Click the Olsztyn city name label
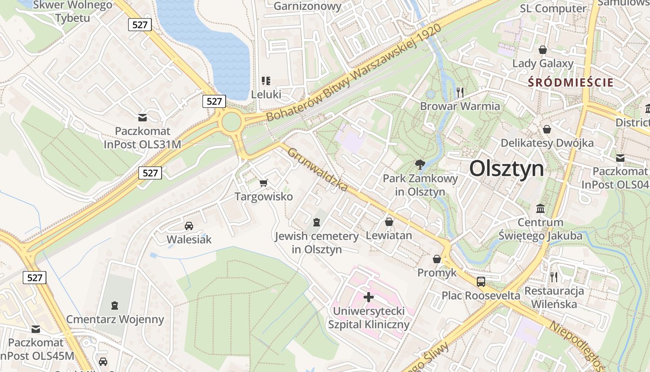point(506,168)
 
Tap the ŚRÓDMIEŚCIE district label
point(571,83)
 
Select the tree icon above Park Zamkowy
point(420,164)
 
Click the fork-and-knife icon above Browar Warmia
point(460,92)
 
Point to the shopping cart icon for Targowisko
point(264,183)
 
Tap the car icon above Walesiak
point(189,226)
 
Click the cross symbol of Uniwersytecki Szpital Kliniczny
point(369,297)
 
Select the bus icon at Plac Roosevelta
point(481,281)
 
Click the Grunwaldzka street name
point(318,170)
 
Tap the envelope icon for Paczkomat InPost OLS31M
point(143,117)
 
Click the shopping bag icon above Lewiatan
point(389,222)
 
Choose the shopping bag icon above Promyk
point(437,259)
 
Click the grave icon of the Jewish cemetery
point(317,222)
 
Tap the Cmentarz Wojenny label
point(115,319)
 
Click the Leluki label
point(266,94)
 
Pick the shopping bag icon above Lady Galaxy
point(542,49)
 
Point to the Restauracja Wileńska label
point(554,298)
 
